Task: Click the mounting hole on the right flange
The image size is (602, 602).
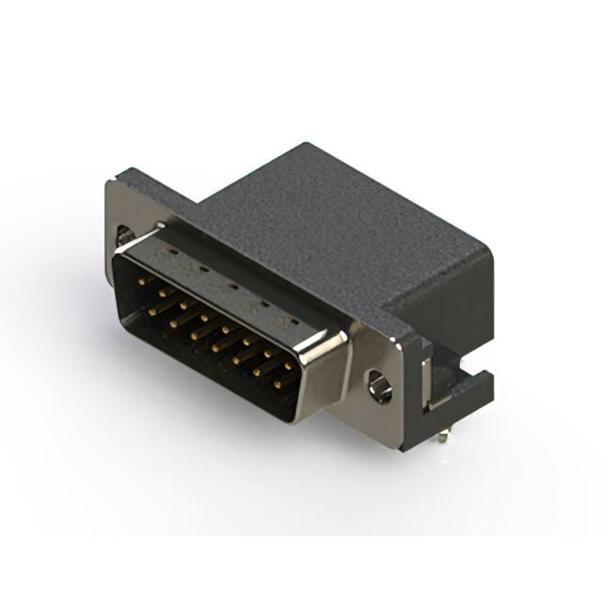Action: click(380, 384)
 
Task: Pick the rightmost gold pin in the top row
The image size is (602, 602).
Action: click(288, 364)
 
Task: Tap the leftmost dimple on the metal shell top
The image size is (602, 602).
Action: click(171, 254)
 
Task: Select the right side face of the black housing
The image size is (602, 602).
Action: click(442, 301)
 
